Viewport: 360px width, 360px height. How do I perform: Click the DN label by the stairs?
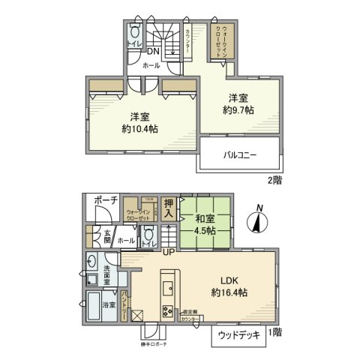tap(152, 52)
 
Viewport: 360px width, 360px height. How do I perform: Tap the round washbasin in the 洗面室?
tap(91, 262)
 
